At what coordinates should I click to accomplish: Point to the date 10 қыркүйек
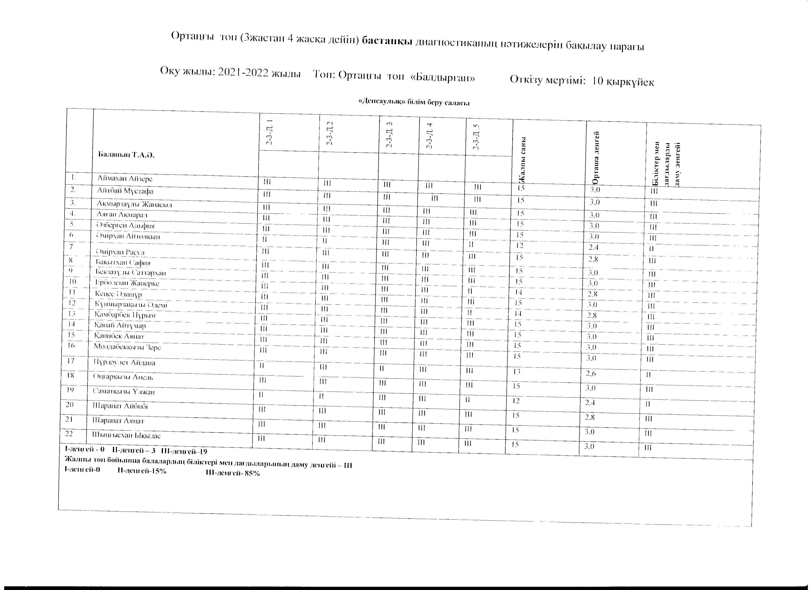tap(623, 81)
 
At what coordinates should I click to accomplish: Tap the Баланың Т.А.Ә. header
tap(126, 155)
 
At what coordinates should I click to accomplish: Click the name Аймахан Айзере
tap(125, 179)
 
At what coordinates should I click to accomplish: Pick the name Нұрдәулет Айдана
tap(124, 362)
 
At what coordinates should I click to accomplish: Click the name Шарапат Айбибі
tap(120, 406)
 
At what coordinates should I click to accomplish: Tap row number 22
tap(69, 434)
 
